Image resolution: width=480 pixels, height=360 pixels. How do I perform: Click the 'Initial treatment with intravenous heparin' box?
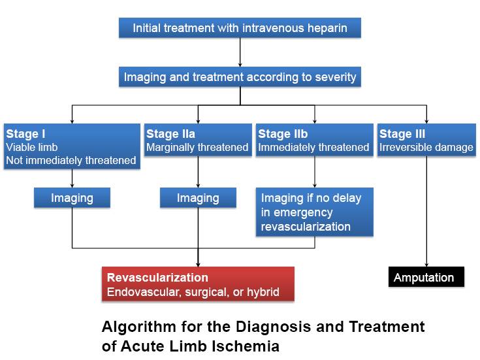click(x=240, y=28)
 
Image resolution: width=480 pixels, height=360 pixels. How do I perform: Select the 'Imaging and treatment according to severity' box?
click(x=240, y=77)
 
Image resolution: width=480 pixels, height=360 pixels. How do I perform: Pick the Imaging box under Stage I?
click(x=72, y=198)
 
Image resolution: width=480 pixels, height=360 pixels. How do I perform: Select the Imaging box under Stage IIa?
click(x=198, y=198)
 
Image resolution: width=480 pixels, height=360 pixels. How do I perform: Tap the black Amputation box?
click(x=424, y=278)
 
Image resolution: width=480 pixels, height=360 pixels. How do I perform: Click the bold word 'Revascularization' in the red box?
click(x=157, y=278)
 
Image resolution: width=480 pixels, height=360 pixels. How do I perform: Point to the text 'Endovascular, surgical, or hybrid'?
click(x=193, y=292)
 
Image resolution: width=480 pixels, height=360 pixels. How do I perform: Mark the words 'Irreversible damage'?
click(x=426, y=148)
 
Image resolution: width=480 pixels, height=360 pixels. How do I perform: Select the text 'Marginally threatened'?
click(x=197, y=148)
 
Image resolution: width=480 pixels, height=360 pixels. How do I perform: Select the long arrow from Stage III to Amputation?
click(x=426, y=209)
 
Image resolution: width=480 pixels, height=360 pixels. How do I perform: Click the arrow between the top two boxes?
click(x=240, y=52)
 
